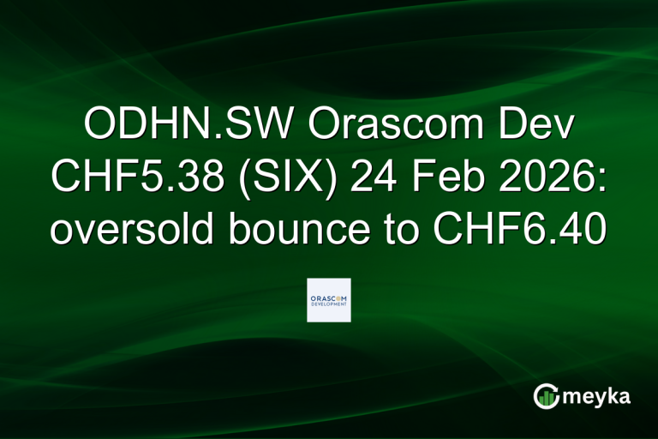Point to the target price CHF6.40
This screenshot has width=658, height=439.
click(523, 231)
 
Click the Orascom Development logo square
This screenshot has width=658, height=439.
click(329, 300)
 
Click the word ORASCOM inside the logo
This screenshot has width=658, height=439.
click(329, 296)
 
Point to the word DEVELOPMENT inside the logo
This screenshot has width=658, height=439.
click(329, 304)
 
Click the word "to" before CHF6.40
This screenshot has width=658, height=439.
click(416, 231)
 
